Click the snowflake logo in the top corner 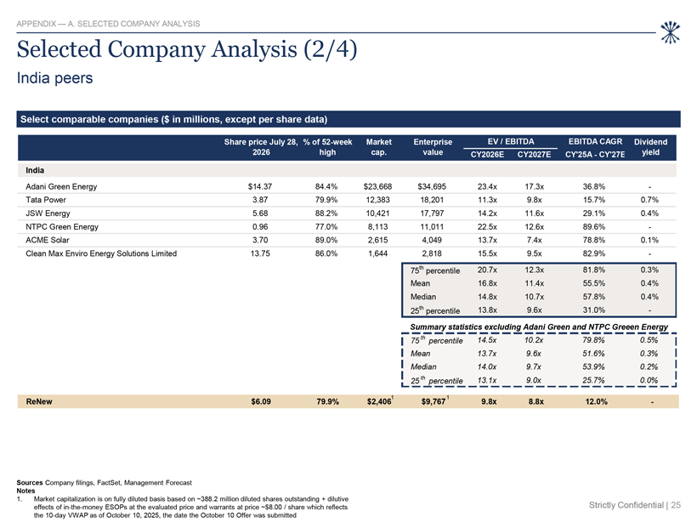pos(670,32)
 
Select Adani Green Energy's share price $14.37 pos(260,187)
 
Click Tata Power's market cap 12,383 pos(377,200)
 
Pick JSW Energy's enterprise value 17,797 pos(432,213)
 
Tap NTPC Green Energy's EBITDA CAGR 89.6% pos(594,227)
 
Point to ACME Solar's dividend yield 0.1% pos(649,240)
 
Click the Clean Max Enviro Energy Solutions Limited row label pos(101,253)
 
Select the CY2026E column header pos(487,154)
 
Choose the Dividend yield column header pos(650,147)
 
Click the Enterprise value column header pos(433,147)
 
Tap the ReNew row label pos(39,401)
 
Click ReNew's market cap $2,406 pos(379,401)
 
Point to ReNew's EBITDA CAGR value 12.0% pos(596,401)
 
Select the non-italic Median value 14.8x pos(487,297)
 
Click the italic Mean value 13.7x pos(487,354)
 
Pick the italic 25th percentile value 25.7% pos(593,380)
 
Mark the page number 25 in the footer pos(676,505)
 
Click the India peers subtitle pos(54,78)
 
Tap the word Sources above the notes pos(30,482)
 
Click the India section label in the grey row pos(35,170)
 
